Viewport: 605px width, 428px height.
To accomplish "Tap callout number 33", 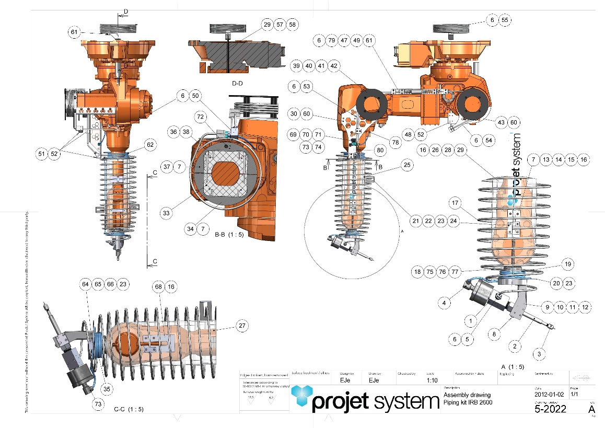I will tap(166, 213).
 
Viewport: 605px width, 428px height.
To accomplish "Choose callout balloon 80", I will tap(379, 150).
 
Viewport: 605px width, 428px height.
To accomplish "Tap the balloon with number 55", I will tap(504, 20).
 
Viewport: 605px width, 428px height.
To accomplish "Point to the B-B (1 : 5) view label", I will tap(230, 235).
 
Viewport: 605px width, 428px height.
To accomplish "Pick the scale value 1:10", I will tap(432, 380).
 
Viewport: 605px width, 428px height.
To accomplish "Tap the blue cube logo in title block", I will tap(301, 398).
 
